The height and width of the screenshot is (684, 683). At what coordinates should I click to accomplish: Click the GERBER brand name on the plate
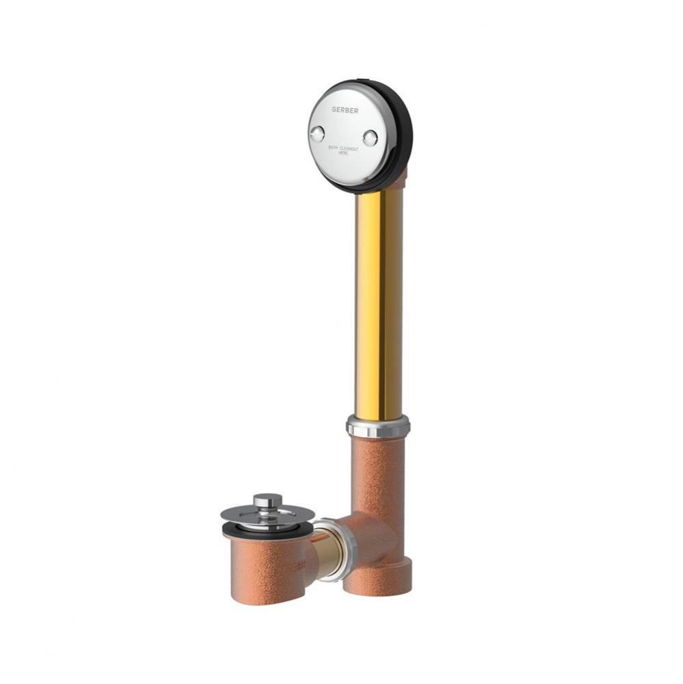(x=345, y=109)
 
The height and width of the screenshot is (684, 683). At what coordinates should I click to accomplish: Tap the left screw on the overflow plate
(x=317, y=134)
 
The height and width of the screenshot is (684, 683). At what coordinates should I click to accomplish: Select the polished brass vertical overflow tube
(x=379, y=301)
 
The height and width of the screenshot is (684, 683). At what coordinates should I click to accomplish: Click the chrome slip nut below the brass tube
(x=377, y=426)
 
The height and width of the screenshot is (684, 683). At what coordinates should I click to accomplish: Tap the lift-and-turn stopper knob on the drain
(x=267, y=501)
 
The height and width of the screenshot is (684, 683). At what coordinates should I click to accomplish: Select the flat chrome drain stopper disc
(x=268, y=514)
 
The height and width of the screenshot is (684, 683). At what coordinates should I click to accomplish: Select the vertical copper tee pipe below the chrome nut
(x=377, y=472)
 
